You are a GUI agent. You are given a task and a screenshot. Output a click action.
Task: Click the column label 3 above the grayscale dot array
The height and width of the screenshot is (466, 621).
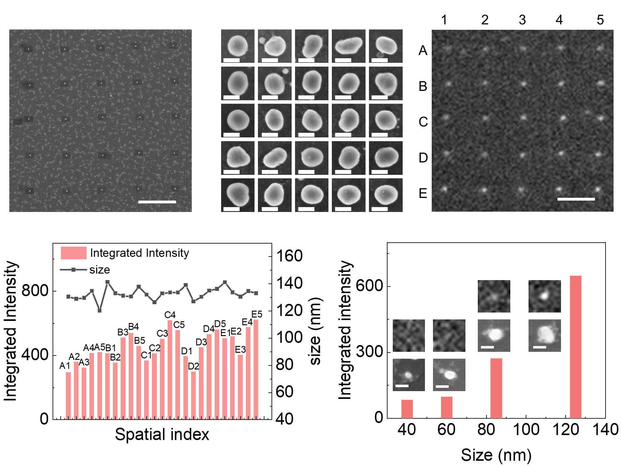click(x=522, y=20)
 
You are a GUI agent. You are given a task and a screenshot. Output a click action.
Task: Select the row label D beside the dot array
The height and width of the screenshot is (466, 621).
click(x=423, y=158)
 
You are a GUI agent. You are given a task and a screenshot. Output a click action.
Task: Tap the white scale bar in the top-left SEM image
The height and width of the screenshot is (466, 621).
click(x=157, y=202)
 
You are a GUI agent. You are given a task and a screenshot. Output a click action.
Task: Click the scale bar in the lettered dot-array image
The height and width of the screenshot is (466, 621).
click(x=576, y=199)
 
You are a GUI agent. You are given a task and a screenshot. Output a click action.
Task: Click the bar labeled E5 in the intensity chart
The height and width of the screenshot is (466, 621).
click(x=256, y=369)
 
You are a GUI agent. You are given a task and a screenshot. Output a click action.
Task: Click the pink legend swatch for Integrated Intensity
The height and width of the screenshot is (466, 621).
click(x=74, y=253)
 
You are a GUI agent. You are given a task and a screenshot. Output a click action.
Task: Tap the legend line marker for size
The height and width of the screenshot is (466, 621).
click(x=73, y=270)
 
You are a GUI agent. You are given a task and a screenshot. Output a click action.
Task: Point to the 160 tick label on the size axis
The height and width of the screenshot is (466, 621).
click(x=289, y=256)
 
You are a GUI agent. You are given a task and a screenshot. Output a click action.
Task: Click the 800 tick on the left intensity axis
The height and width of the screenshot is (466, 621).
click(x=35, y=291)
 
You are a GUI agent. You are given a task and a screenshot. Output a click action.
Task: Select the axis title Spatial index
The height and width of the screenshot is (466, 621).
click(x=162, y=434)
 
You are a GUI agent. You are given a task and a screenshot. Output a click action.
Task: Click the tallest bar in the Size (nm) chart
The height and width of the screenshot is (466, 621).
click(x=575, y=347)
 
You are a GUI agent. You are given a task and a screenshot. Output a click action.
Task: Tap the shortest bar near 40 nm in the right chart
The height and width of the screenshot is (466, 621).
click(x=407, y=409)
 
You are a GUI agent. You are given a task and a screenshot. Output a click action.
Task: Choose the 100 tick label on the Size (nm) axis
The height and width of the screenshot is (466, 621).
click(x=526, y=430)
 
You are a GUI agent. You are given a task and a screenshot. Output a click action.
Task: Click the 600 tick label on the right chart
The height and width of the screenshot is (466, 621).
click(x=369, y=285)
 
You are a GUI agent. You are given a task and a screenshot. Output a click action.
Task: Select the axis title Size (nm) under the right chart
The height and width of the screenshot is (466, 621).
click(x=496, y=455)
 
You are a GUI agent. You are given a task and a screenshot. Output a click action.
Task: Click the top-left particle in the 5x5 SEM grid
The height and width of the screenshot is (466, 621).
click(x=238, y=46)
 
